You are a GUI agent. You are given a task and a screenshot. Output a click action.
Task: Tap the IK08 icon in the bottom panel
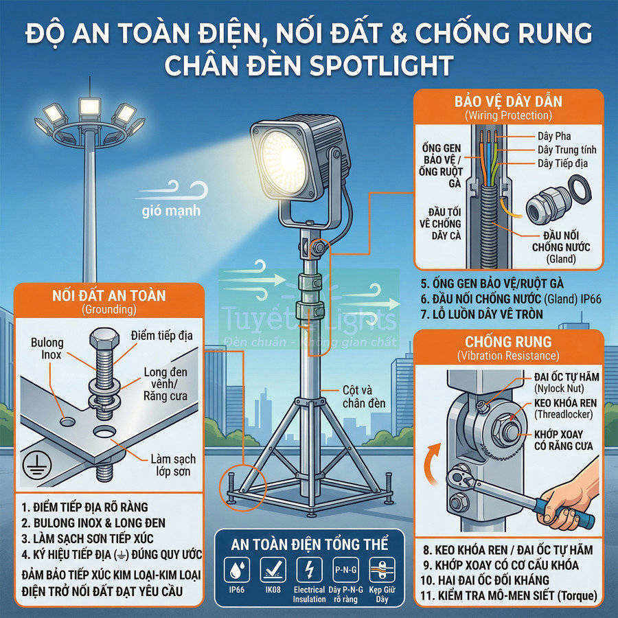(273, 571)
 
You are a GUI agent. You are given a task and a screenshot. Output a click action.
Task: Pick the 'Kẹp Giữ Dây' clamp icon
(381, 571)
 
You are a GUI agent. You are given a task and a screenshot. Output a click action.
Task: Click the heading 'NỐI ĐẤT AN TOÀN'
(109, 296)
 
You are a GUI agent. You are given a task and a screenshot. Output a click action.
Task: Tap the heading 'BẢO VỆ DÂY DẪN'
(508, 102)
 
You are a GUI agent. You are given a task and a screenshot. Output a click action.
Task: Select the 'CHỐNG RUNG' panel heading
(508, 341)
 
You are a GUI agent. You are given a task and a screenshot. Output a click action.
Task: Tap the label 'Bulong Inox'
(47, 349)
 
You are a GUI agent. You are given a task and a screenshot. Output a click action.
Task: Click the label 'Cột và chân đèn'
(366, 396)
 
